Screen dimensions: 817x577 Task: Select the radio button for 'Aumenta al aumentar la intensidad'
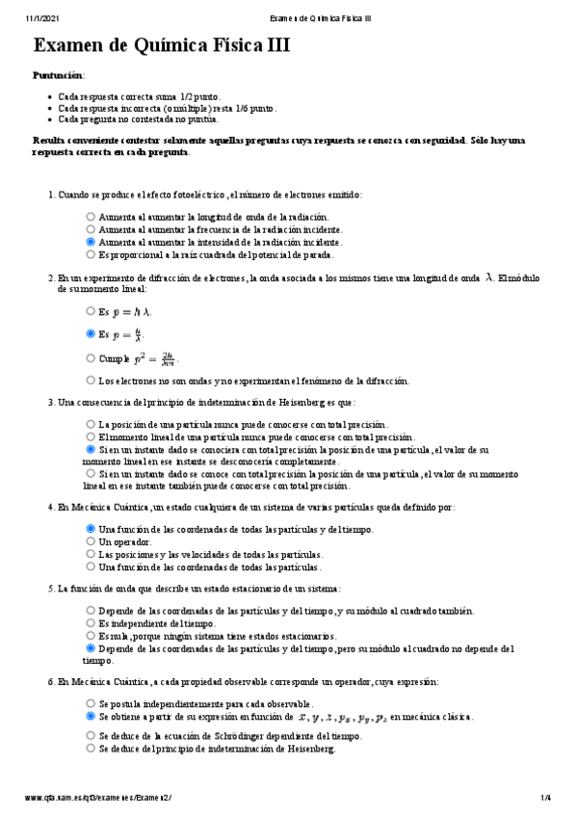tap(91, 243)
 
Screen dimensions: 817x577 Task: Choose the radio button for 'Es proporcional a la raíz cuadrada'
tap(91, 255)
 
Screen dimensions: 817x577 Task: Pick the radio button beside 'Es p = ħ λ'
tap(91, 312)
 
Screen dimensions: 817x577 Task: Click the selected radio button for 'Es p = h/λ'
tap(91, 334)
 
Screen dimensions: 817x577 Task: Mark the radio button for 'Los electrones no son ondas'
tap(91, 381)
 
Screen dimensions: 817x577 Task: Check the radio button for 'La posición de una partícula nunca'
tap(91, 424)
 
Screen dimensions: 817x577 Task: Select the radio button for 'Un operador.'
tap(91, 541)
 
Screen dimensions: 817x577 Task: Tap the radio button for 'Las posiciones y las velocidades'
tap(91, 554)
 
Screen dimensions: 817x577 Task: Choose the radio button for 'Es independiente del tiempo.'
tap(91, 623)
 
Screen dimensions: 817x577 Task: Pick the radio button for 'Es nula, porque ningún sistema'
tap(91, 636)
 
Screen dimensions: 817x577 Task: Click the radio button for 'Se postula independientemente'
tap(91, 704)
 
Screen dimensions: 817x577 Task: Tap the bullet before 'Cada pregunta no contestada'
tap(50, 119)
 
